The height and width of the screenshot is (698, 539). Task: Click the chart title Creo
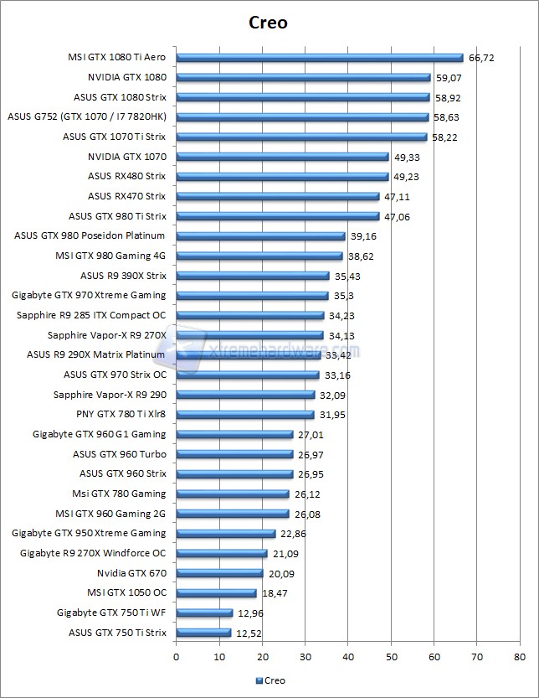pyautogui.click(x=269, y=23)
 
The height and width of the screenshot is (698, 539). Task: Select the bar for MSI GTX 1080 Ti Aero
pyautogui.click(x=319, y=58)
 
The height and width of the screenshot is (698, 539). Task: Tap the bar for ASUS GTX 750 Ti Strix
pyautogui.click(x=203, y=633)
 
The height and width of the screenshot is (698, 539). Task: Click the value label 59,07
pyautogui.click(x=449, y=78)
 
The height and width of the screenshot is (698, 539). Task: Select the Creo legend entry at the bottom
pyautogui.click(x=269, y=680)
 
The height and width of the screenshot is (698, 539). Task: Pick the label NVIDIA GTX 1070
pyautogui.click(x=126, y=157)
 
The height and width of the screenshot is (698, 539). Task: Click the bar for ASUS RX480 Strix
pyautogui.click(x=282, y=177)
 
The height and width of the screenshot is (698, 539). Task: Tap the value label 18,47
pyautogui.click(x=275, y=593)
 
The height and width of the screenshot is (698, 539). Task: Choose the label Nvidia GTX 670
pyautogui.click(x=131, y=573)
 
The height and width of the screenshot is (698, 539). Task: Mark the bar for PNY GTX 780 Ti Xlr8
pyautogui.click(x=245, y=415)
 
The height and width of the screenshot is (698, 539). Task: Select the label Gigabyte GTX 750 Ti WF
pyautogui.click(x=111, y=613)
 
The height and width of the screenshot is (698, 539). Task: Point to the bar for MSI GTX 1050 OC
pyautogui.click(x=216, y=593)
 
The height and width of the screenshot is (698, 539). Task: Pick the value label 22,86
pyautogui.click(x=294, y=534)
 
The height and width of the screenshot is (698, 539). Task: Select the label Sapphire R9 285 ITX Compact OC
pyautogui.click(x=91, y=315)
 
